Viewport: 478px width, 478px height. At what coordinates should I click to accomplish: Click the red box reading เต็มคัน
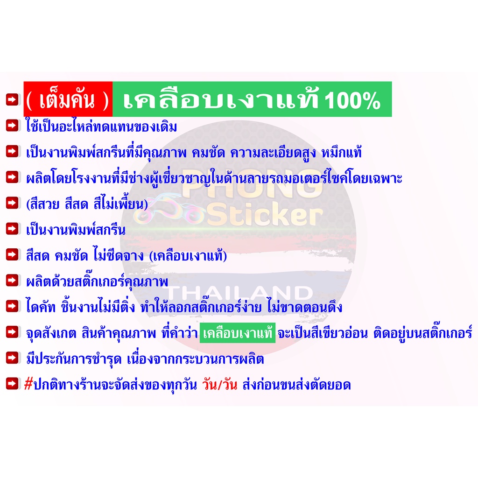pyautogui.click(x=68, y=99)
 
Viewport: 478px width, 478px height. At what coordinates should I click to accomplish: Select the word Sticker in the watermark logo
pyautogui.click(x=265, y=216)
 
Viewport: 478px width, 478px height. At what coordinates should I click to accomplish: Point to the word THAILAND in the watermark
pyautogui.click(x=239, y=293)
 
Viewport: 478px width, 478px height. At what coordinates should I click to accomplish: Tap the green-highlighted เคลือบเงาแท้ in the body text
pyautogui.click(x=238, y=333)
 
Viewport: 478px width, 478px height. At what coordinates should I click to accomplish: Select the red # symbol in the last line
pyautogui.click(x=28, y=384)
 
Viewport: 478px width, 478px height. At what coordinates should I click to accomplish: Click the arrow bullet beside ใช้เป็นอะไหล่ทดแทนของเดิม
pyautogui.click(x=13, y=126)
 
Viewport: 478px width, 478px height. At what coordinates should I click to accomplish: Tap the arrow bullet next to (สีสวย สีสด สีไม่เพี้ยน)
pyautogui.click(x=13, y=203)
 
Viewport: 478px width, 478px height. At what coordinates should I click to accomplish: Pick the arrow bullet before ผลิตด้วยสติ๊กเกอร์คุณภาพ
pyautogui.click(x=13, y=281)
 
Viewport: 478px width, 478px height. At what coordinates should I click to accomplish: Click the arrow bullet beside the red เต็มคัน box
pyautogui.click(x=13, y=99)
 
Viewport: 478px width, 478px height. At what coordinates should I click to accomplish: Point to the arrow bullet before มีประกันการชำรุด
pyautogui.click(x=13, y=358)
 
